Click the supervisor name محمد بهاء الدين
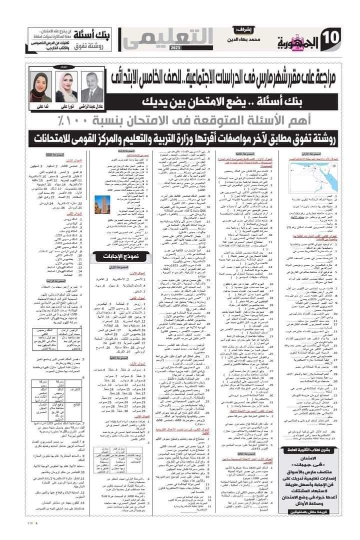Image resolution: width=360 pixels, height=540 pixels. pos(247,38)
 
